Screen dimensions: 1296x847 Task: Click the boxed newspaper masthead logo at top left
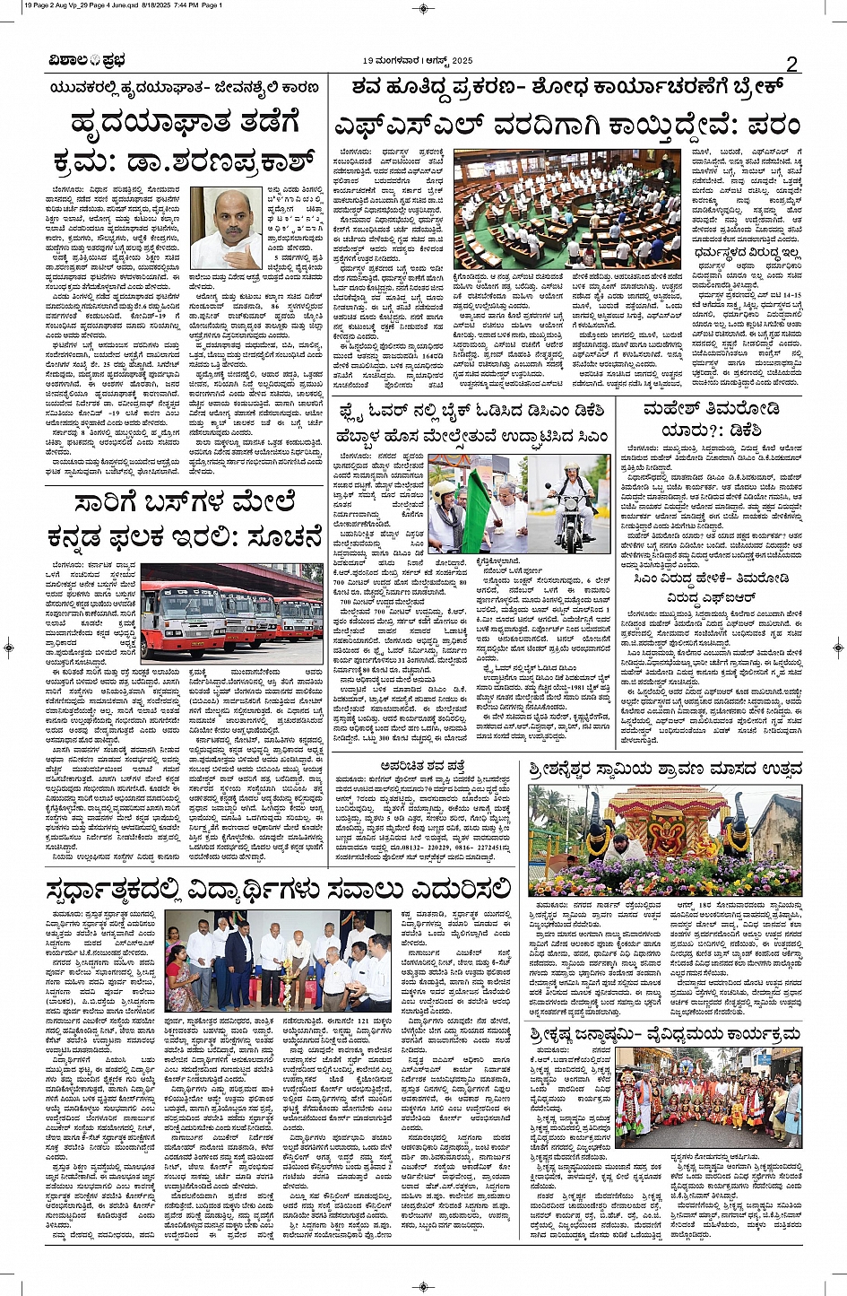(87, 60)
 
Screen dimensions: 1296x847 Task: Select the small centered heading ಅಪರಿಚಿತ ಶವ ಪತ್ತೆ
(425, 766)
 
